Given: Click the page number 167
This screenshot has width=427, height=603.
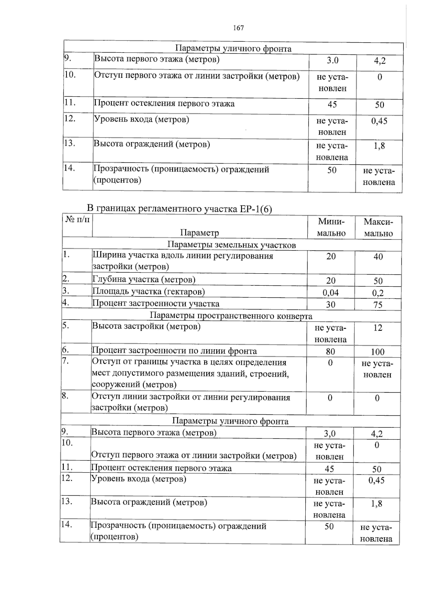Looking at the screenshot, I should pyautogui.click(x=238, y=28).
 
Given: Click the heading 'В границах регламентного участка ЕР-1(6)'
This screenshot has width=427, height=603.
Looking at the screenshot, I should pyautogui.click(x=180, y=209).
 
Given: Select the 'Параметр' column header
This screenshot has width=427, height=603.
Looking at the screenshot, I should pyautogui.click(x=199, y=233).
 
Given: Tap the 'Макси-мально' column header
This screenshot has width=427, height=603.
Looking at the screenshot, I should pyautogui.click(x=378, y=227).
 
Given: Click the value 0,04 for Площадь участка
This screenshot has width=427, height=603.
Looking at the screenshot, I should pyautogui.click(x=331, y=292).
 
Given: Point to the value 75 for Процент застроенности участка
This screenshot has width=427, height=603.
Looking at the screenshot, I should pyautogui.click(x=378, y=305).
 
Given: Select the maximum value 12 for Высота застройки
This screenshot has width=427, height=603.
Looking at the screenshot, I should pyautogui.click(x=378, y=328).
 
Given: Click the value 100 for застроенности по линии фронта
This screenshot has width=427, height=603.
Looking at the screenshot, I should pyautogui.click(x=378, y=352).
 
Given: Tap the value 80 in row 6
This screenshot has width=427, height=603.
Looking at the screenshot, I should pyautogui.click(x=330, y=351).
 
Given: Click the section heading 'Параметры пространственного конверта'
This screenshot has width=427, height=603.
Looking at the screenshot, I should pyautogui.click(x=231, y=316).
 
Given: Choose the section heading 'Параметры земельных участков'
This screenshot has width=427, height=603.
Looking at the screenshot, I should pyautogui.click(x=231, y=245).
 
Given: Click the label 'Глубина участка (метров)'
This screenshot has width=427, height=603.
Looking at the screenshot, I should pyautogui.click(x=144, y=280).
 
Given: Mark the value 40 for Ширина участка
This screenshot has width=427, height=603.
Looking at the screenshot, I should pyautogui.click(x=378, y=257).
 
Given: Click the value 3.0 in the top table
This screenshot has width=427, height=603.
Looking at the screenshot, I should pyautogui.click(x=332, y=61).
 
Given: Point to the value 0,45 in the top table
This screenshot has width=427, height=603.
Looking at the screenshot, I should pyautogui.click(x=379, y=121).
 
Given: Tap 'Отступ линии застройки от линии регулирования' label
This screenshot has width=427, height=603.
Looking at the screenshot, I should pyautogui.click(x=191, y=397).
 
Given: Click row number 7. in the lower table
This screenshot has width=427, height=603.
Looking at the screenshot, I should pyautogui.click(x=65, y=361).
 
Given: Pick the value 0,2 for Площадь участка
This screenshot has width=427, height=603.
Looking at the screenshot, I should pyautogui.click(x=378, y=293).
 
